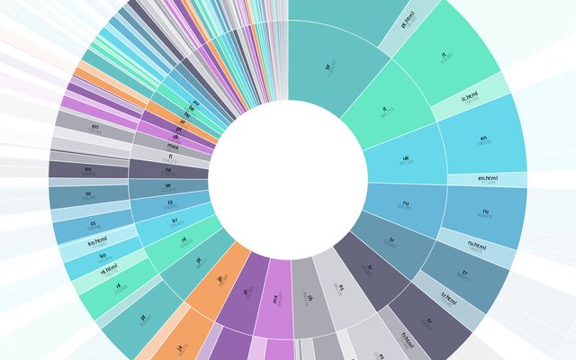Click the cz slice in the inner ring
coord(166,203)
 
